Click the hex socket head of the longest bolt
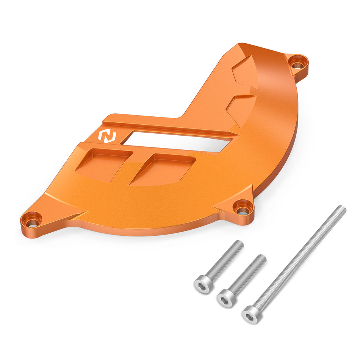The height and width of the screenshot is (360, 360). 250,313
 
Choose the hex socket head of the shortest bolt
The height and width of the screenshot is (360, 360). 202,284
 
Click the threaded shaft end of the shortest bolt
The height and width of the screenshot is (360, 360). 239,245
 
